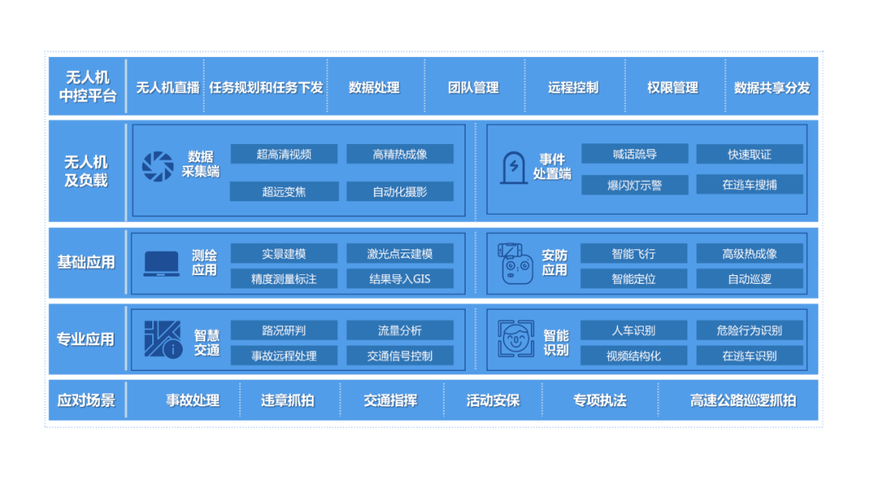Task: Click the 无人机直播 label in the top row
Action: tap(168, 88)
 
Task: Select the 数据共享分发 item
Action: tap(772, 88)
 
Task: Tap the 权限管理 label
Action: tap(673, 88)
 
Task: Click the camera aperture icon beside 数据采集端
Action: tap(158, 166)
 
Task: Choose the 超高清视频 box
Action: tap(284, 154)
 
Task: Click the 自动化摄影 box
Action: tap(400, 191)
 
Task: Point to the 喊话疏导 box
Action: tap(634, 154)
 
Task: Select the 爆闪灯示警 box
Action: tap(634, 185)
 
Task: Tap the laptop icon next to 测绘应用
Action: tap(161, 264)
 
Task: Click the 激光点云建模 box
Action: tap(400, 254)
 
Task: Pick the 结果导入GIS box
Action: tap(400, 279)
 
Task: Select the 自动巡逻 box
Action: tap(749, 279)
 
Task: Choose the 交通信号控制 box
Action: tap(400, 355)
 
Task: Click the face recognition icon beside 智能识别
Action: tap(516, 339)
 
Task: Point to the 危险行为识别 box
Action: tap(749, 331)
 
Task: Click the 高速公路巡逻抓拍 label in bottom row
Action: tap(743, 401)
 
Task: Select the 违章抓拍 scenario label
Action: tap(288, 401)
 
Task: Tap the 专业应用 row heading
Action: tap(85, 339)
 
